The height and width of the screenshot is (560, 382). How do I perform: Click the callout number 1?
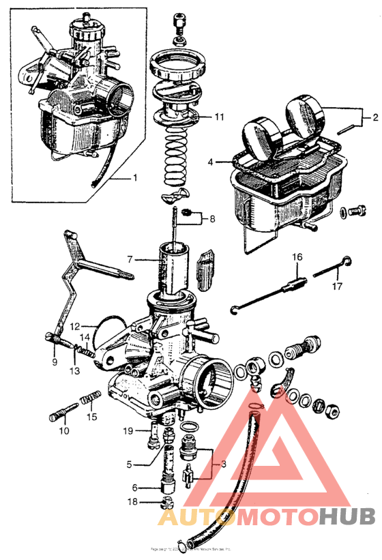(x=134, y=178)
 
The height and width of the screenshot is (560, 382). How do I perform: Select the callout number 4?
(x=211, y=162)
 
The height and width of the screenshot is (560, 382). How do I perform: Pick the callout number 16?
(x=297, y=257)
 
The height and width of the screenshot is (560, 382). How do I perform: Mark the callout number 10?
(x=63, y=430)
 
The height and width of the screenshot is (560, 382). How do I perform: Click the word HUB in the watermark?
(x=349, y=518)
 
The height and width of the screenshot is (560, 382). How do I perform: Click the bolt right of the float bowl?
(x=355, y=211)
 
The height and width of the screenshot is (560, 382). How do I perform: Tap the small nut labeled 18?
(x=163, y=503)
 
